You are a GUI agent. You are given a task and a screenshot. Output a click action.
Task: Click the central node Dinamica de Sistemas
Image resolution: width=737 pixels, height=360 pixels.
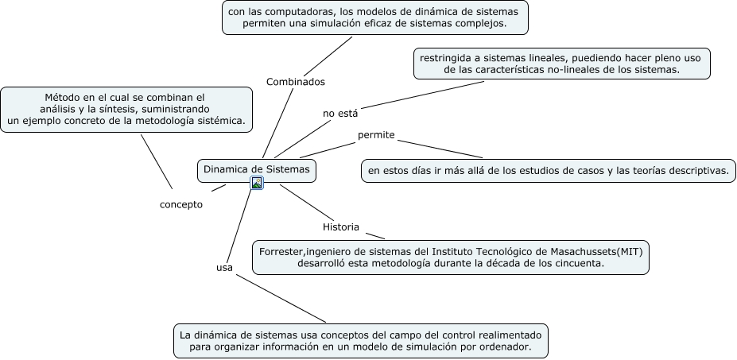click(x=257, y=169)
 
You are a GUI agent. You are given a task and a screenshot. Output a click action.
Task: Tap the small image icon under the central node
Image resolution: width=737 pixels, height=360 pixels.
click(x=257, y=184)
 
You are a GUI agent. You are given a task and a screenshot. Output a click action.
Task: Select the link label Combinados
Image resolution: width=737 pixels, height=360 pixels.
click(x=295, y=82)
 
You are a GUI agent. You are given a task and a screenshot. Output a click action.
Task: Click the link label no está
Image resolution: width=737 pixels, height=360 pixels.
click(x=340, y=113)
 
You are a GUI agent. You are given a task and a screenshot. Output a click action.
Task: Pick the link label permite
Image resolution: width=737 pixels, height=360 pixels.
click(x=376, y=135)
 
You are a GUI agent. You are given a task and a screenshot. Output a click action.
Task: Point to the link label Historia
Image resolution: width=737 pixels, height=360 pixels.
click(x=340, y=227)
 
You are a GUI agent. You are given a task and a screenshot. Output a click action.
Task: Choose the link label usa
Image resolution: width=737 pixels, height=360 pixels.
click(x=224, y=268)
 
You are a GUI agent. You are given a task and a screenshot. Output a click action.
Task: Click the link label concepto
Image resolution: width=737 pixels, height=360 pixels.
click(x=181, y=204)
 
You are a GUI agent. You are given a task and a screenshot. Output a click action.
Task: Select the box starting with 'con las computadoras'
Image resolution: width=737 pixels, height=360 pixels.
click(x=375, y=17)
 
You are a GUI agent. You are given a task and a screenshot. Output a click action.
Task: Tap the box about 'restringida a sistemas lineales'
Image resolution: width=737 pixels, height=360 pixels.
click(x=561, y=63)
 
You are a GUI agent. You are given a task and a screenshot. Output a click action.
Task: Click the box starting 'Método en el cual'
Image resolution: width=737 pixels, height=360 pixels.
click(x=126, y=109)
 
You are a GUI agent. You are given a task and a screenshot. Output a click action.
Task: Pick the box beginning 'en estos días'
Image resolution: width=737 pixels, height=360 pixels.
click(x=547, y=170)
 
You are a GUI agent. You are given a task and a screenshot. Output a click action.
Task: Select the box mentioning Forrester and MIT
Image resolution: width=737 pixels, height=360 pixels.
click(x=450, y=257)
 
